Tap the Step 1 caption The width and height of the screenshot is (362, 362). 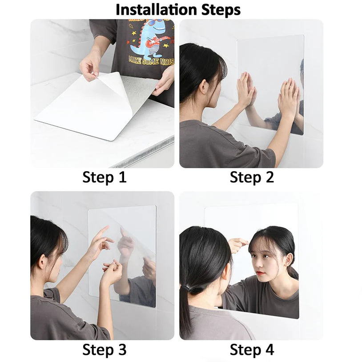click(105, 177)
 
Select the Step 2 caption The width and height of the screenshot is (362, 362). click(252, 177)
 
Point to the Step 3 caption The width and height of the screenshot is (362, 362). click(105, 350)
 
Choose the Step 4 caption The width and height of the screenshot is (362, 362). click(252, 350)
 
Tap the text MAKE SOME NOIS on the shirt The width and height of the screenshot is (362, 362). click(150, 60)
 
